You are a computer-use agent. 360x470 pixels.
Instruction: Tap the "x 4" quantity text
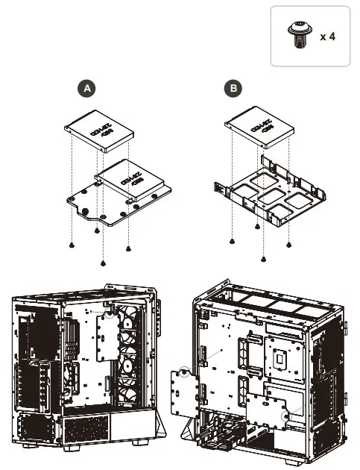pos(327,36)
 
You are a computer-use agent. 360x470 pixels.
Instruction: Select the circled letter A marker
pos(89,89)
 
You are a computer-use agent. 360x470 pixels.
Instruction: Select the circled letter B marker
pos(234,89)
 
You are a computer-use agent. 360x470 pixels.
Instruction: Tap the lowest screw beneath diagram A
pos(101,263)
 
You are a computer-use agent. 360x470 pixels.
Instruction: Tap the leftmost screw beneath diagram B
pos(233,241)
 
